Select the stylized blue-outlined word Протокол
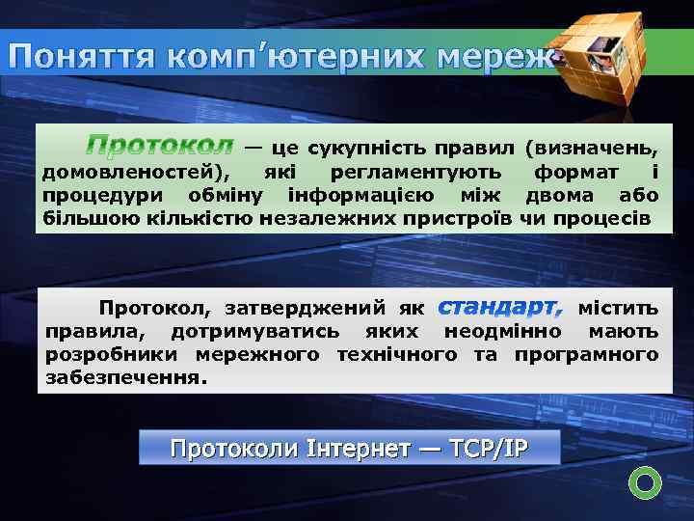(x=159, y=147)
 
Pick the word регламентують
(x=414, y=172)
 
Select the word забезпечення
(x=125, y=378)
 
